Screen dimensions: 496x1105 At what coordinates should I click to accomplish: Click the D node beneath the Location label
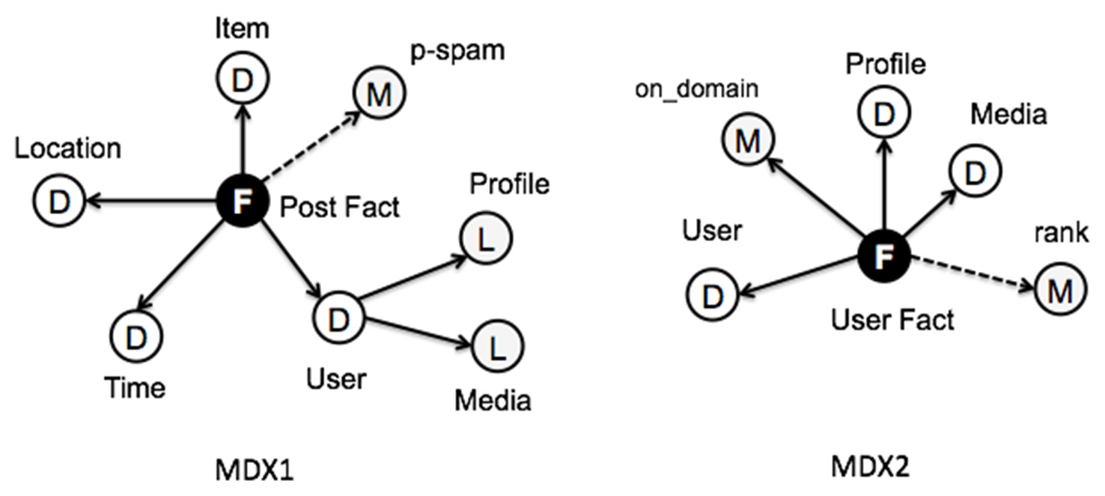coord(58,200)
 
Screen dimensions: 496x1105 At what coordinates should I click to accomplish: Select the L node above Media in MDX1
coord(498,346)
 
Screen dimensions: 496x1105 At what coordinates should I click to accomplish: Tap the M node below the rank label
coord(1060,291)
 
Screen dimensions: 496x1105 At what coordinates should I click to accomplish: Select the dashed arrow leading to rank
coord(969,273)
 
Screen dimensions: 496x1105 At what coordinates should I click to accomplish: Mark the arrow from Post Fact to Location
coord(150,201)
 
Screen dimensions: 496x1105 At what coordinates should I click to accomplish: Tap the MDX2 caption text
coord(870,468)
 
